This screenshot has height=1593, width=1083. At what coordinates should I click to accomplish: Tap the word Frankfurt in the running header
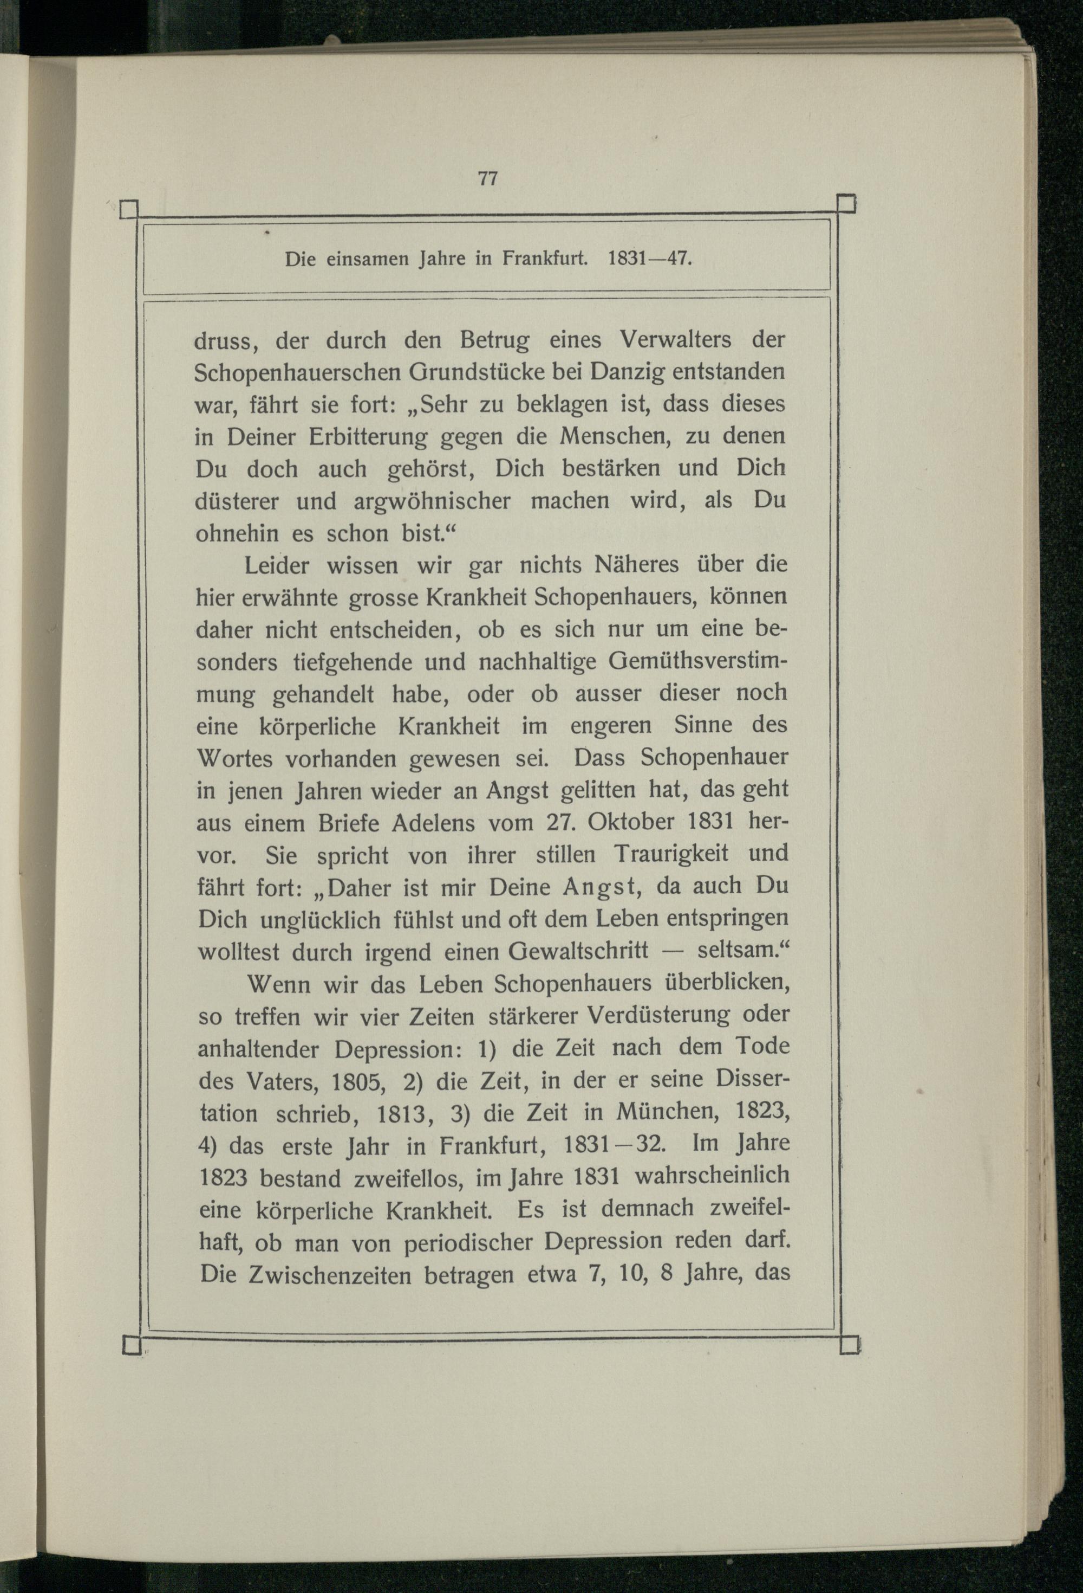click(545, 259)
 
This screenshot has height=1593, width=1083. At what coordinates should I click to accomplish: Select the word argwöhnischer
click(432, 501)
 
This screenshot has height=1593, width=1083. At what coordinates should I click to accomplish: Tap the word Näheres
click(636, 565)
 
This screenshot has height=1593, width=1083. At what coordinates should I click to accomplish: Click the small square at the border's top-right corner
click(847, 204)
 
